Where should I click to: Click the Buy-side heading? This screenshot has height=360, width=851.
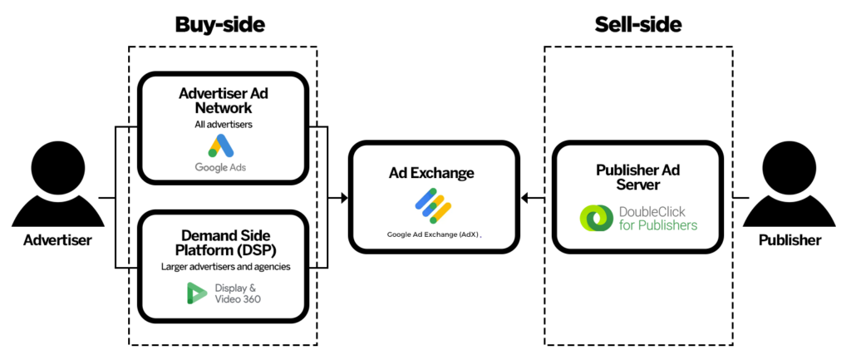(219, 25)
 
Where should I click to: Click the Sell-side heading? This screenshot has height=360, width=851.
(638, 25)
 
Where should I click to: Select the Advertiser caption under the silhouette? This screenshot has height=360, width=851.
(57, 240)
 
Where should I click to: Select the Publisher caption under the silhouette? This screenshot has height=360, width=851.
(790, 240)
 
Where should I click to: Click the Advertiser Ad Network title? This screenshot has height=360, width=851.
(223, 101)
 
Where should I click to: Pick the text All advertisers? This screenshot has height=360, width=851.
(223, 124)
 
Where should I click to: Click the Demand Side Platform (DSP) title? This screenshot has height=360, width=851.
(223, 243)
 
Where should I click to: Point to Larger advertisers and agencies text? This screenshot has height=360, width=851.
(223, 267)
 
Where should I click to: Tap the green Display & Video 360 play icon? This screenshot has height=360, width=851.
(197, 293)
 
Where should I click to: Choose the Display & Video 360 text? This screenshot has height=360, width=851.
(235, 293)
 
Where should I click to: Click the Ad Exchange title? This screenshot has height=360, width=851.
(431, 173)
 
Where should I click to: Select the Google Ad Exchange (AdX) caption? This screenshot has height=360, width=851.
(434, 234)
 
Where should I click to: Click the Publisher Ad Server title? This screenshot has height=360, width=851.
(637, 177)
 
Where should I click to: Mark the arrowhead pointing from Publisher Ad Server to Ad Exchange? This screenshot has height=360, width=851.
(525, 198)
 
